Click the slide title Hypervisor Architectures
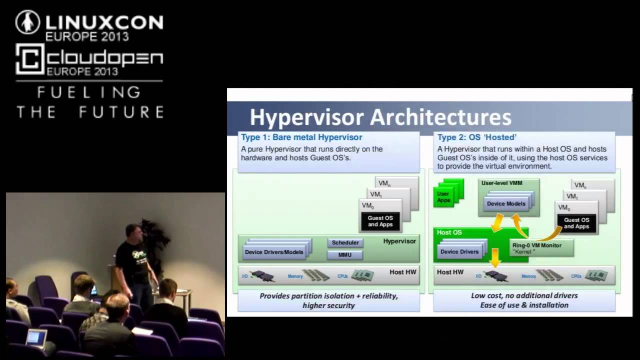click(380, 118)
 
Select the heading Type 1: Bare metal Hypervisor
click(301, 137)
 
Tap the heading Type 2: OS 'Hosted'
click(477, 137)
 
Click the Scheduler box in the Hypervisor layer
click(345, 242)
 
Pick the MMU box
click(345, 255)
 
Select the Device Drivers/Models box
click(274, 252)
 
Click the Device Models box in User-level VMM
click(506, 203)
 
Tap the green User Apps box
click(444, 196)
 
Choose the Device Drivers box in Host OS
click(459, 251)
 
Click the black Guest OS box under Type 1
click(380, 221)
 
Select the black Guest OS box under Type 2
click(576, 223)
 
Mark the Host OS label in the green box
click(449, 232)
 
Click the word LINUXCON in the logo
click(104, 22)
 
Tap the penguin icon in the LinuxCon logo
click(27, 22)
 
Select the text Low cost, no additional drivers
click(524, 295)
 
